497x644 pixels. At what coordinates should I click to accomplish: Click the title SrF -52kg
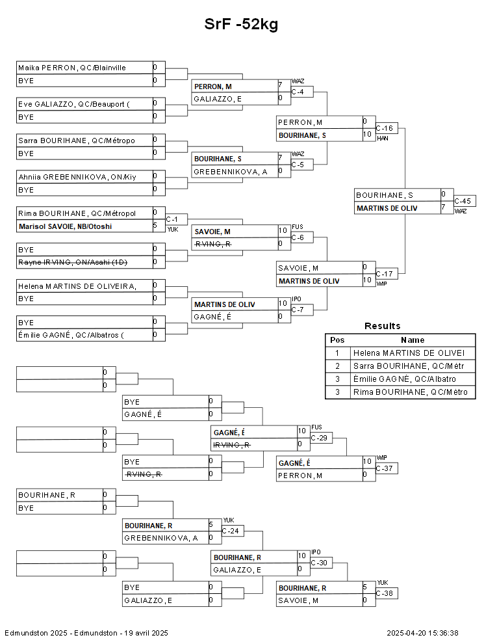click(x=242, y=25)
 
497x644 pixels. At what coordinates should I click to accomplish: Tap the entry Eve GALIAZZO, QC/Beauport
click(x=73, y=104)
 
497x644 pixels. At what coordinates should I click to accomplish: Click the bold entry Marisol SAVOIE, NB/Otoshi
click(x=65, y=226)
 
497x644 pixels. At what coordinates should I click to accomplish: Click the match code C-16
click(x=385, y=128)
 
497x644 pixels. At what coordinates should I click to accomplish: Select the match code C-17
click(x=385, y=274)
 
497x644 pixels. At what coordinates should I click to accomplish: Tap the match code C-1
click(x=173, y=219)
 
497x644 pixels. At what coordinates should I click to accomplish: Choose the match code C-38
click(x=385, y=594)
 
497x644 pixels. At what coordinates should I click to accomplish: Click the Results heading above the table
click(x=382, y=326)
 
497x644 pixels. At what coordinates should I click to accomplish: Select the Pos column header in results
click(x=337, y=340)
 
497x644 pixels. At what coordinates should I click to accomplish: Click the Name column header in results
click(x=412, y=340)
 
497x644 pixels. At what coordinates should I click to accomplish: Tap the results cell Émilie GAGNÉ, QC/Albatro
click(x=403, y=379)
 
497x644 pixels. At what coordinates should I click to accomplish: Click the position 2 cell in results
click(x=337, y=366)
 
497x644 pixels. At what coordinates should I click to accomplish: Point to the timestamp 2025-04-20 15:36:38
click(x=422, y=633)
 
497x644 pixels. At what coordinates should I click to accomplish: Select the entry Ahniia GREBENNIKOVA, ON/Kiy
click(x=77, y=177)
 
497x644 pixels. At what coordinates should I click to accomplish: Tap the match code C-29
click(x=320, y=438)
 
